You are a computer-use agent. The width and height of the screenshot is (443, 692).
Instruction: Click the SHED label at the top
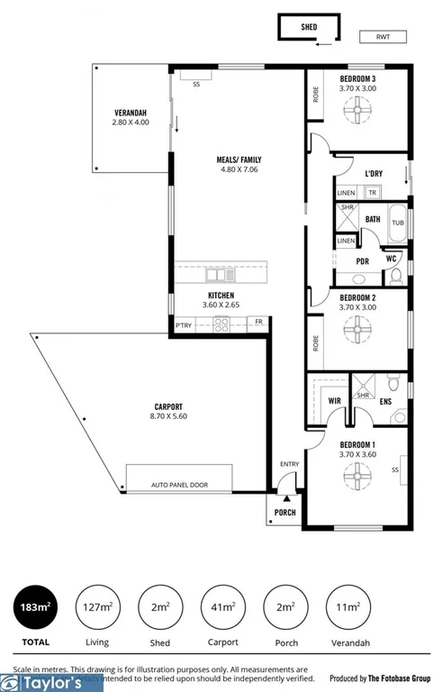(309, 27)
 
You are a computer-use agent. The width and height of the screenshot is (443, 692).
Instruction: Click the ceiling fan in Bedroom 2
(357, 330)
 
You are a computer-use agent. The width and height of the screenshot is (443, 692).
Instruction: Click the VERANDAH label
(130, 112)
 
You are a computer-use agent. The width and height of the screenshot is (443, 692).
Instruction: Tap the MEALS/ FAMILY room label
(239, 160)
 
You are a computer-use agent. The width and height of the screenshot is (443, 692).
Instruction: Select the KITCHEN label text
(221, 296)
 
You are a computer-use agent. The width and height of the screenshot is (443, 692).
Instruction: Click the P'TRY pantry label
(184, 323)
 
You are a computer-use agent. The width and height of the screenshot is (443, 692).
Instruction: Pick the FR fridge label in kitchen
(258, 322)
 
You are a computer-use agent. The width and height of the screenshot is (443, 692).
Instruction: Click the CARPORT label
(167, 406)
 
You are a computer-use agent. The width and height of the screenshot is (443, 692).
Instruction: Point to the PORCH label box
(284, 514)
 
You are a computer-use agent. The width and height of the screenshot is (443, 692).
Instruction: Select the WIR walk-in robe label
(333, 399)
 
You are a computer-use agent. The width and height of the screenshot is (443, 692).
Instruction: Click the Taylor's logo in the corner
(51, 682)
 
